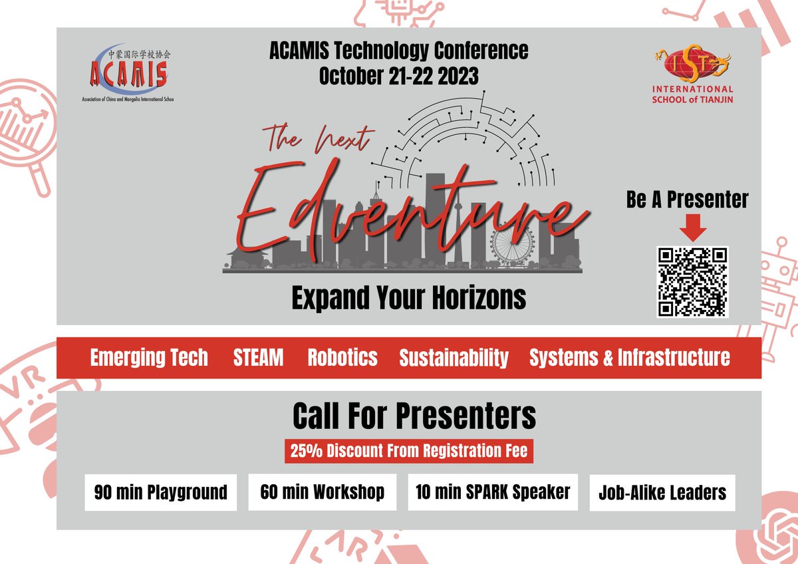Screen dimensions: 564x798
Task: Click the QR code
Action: pyautogui.click(x=692, y=281)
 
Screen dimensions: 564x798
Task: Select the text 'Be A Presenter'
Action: pyautogui.click(x=687, y=200)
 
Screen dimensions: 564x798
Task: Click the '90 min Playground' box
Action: pyautogui.click(x=160, y=493)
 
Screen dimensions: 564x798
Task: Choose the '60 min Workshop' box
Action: pyautogui.click(x=322, y=492)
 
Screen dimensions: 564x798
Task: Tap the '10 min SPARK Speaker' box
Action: pyautogui.click(x=493, y=492)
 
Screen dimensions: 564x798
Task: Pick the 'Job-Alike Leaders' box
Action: pyautogui.click(x=662, y=493)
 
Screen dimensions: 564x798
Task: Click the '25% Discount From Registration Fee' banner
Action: pyautogui.click(x=409, y=452)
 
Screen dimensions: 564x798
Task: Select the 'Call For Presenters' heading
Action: pyautogui.click(x=414, y=417)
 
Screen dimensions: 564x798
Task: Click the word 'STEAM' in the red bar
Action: pyautogui.click(x=258, y=358)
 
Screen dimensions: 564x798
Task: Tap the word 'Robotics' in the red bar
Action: pyautogui.click(x=342, y=358)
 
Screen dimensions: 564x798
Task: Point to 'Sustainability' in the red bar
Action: pyautogui.click(x=454, y=358)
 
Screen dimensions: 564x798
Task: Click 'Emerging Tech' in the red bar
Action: pyautogui.click(x=149, y=358)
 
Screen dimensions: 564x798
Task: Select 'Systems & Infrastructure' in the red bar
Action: pyautogui.click(x=629, y=358)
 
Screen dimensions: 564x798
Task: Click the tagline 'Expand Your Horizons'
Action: pyautogui.click(x=408, y=299)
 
